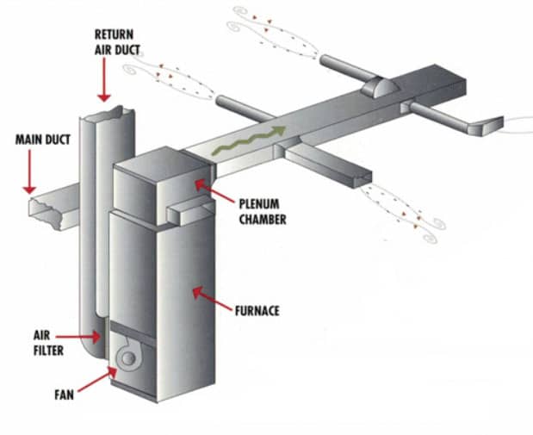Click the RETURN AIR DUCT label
point(114,42)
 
